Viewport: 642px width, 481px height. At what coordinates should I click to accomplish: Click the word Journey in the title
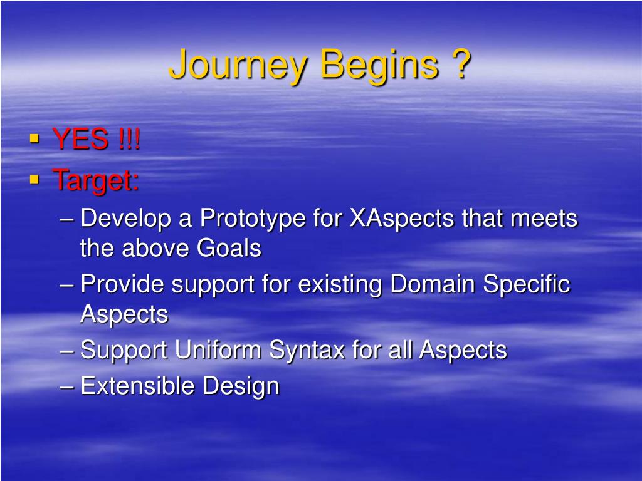click(x=238, y=65)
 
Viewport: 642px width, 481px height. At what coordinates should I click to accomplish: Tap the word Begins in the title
click(x=379, y=65)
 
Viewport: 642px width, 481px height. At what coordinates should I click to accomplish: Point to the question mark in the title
click(x=461, y=63)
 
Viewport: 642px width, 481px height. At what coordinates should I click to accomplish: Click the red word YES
click(x=81, y=138)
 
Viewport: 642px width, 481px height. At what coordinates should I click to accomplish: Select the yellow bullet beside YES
click(x=35, y=138)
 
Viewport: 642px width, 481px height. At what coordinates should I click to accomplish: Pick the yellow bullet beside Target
click(x=35, y=179)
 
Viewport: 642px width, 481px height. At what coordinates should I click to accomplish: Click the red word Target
click(x=95, y=180)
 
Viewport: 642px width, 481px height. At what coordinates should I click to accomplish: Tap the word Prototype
click(x=253, y=219)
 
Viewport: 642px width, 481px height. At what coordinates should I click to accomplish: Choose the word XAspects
click(x=402, y=219)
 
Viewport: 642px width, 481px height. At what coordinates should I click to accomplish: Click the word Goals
click(x=229, y=248)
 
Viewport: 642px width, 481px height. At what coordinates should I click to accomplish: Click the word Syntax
click(x=307, y=351)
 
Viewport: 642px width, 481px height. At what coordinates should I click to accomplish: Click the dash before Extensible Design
click(x=66, y=386)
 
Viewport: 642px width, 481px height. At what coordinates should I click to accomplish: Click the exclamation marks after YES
click(x=129, y=138)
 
